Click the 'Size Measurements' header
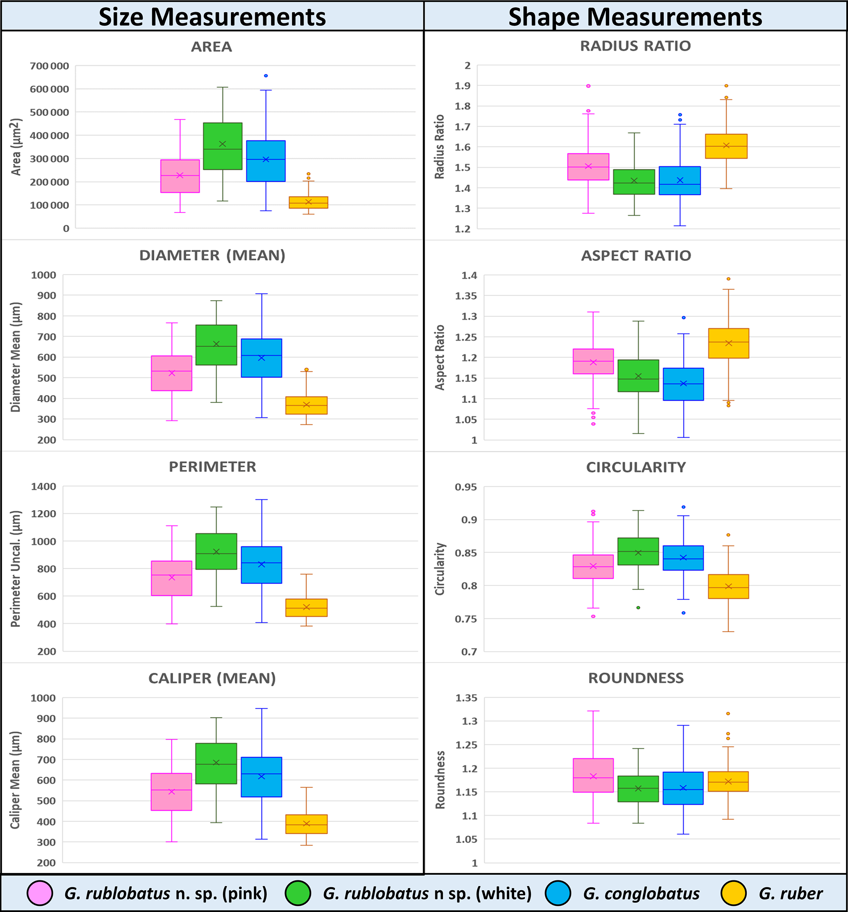coord(212,17)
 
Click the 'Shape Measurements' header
coord(635,17)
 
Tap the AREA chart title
coord(212,47)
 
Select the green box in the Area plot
coord(222,146)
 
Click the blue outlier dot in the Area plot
coord(266,76)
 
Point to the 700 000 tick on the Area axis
coord(50,66)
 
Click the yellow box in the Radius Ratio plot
coord(726,146)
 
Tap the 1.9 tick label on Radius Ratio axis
coord(462,86)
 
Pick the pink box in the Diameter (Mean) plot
coord(171,373)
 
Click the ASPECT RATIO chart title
coord(636,255)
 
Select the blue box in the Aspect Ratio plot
coord(683,384)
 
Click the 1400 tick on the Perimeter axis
coord(43,486)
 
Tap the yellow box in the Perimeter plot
coord(306,607)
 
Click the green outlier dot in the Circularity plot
coord(638,607)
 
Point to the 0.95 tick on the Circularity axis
coord(466,487)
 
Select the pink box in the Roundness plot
coord(593,775)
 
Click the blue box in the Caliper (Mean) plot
coord(262,777)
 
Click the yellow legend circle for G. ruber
coord(733,893)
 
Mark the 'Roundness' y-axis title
coord(440,780)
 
